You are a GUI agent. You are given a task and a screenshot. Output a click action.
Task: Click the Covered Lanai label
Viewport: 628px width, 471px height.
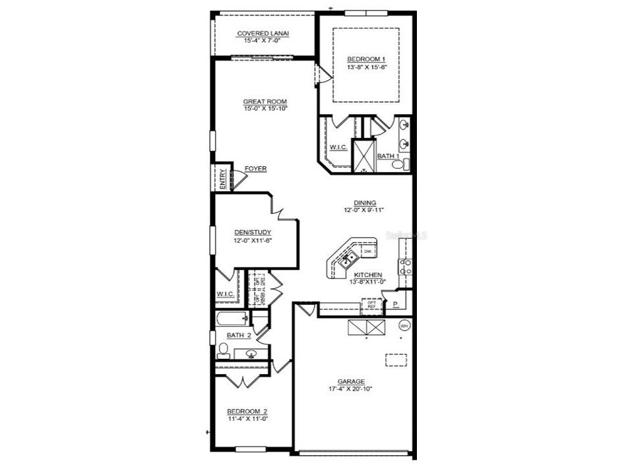pyautogui.click(x=263, y=33)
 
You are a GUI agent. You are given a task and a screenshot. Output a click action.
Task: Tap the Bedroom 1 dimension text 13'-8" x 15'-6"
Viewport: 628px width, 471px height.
pyautogui.click(x=366, y=67)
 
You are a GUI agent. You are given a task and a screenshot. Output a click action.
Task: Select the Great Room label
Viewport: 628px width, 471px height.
pyautogui.click(x=265, y=101)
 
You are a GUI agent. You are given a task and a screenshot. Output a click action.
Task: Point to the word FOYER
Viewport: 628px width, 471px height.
pyautogui.click(x=255, y=169)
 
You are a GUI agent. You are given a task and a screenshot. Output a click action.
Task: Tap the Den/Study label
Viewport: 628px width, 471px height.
pyautogui.click(x=253, y=232)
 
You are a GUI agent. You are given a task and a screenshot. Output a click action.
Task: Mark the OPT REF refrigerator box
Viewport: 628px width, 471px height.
pyautogui.click(x=372, y=305)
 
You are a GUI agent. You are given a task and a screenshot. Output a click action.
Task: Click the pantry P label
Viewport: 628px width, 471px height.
pyautogui.click(x=396, y=305)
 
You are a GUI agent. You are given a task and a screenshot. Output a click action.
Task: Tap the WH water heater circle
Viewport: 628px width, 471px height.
pyautogui.click(x=404, y=325)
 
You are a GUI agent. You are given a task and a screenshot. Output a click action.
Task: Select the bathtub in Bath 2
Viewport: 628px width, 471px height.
pyautogui.click(x=231, y=321)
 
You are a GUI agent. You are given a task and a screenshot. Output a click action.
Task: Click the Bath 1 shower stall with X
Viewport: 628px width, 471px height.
pyautogui.click(x=363, y=156)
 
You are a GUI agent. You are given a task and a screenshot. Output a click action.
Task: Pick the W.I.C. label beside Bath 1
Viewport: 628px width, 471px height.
pyautogui.click(x=338, y=147)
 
